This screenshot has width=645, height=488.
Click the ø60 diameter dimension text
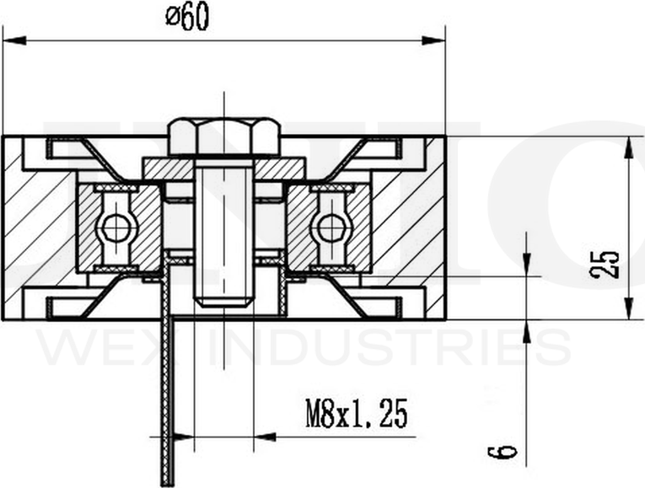pyautogui.click(x=186, y=17)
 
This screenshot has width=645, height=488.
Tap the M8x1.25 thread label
pyautogui.click(x=357, y=414)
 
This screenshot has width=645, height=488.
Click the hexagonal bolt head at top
pyautogui.click(x=224, y=137)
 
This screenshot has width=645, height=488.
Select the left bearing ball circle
pyautogui.click(x=115, y=227)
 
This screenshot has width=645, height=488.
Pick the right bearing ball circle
pyautogui.click(x=331, y=227)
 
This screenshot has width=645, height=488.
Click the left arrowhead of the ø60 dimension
pyautogui.click(x=12, y=39)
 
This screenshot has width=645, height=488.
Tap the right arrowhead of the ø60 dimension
pyautogui.click(x=436, y=39)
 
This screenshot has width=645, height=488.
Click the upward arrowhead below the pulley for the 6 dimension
pyautogui.click(x=527, y=330)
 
